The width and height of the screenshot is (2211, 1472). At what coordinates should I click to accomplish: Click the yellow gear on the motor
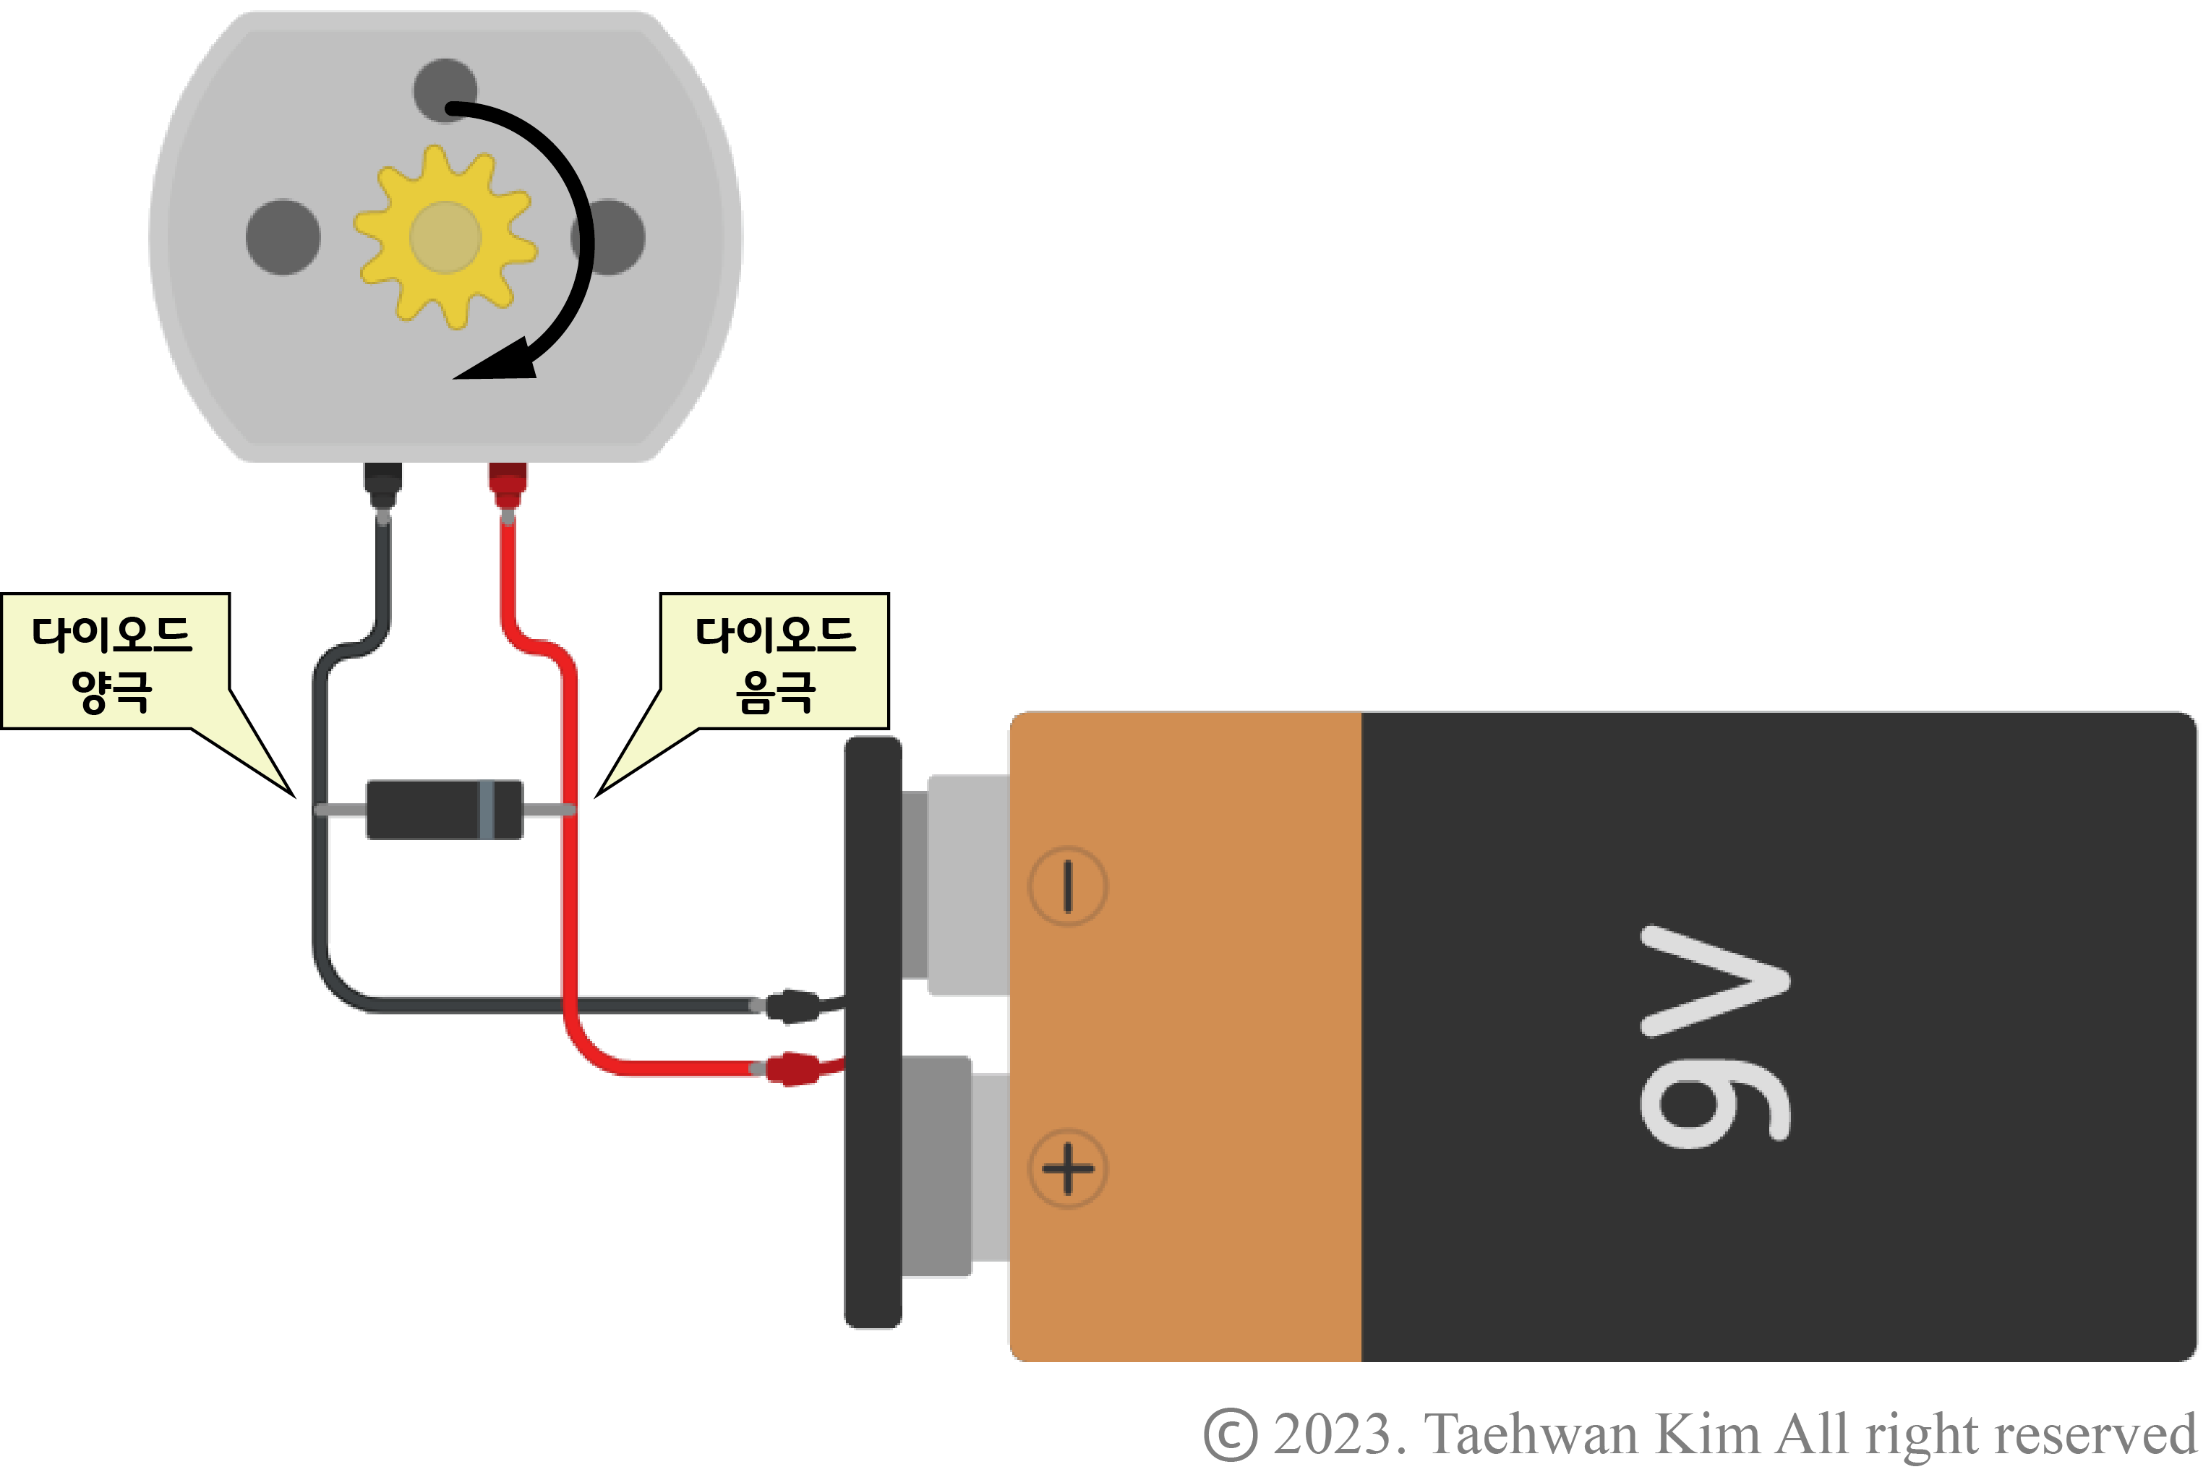(x=445, y=236)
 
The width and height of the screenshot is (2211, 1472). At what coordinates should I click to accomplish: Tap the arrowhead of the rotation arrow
(x=497, y=362)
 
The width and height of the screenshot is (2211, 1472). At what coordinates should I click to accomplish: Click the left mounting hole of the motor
(x=283, y=236)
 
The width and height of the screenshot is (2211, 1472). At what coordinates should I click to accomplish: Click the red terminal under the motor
(x=508, y=484)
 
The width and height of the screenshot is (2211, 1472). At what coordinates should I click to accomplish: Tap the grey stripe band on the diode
(x=487, y=808)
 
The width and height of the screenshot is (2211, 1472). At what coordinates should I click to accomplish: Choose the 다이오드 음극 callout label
(x=774, y=661)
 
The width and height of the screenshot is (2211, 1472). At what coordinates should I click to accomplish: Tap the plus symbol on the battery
(x=1067, y=1169)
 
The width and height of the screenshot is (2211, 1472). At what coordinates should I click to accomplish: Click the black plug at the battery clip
(x=793, y=1006)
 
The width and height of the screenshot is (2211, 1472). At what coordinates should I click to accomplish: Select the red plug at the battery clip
(x=793, y=1069)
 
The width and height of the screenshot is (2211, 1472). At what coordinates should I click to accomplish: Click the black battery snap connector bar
(x=873, y=1032)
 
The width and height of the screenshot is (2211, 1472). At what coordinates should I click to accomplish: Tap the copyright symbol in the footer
(x=1229, y=1434)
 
